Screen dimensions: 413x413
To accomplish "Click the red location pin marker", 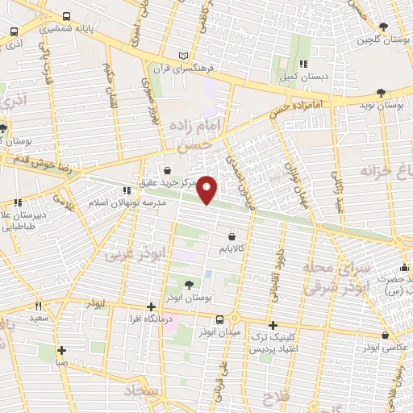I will (207, 190).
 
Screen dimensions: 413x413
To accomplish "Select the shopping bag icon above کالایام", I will (233, 238).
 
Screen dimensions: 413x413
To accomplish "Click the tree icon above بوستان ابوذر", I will (189, 285).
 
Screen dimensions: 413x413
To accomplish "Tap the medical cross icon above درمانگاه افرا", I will (152, 307).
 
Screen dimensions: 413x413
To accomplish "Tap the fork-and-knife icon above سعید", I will (38, 307).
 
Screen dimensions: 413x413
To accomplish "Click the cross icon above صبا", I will (61, 351).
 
